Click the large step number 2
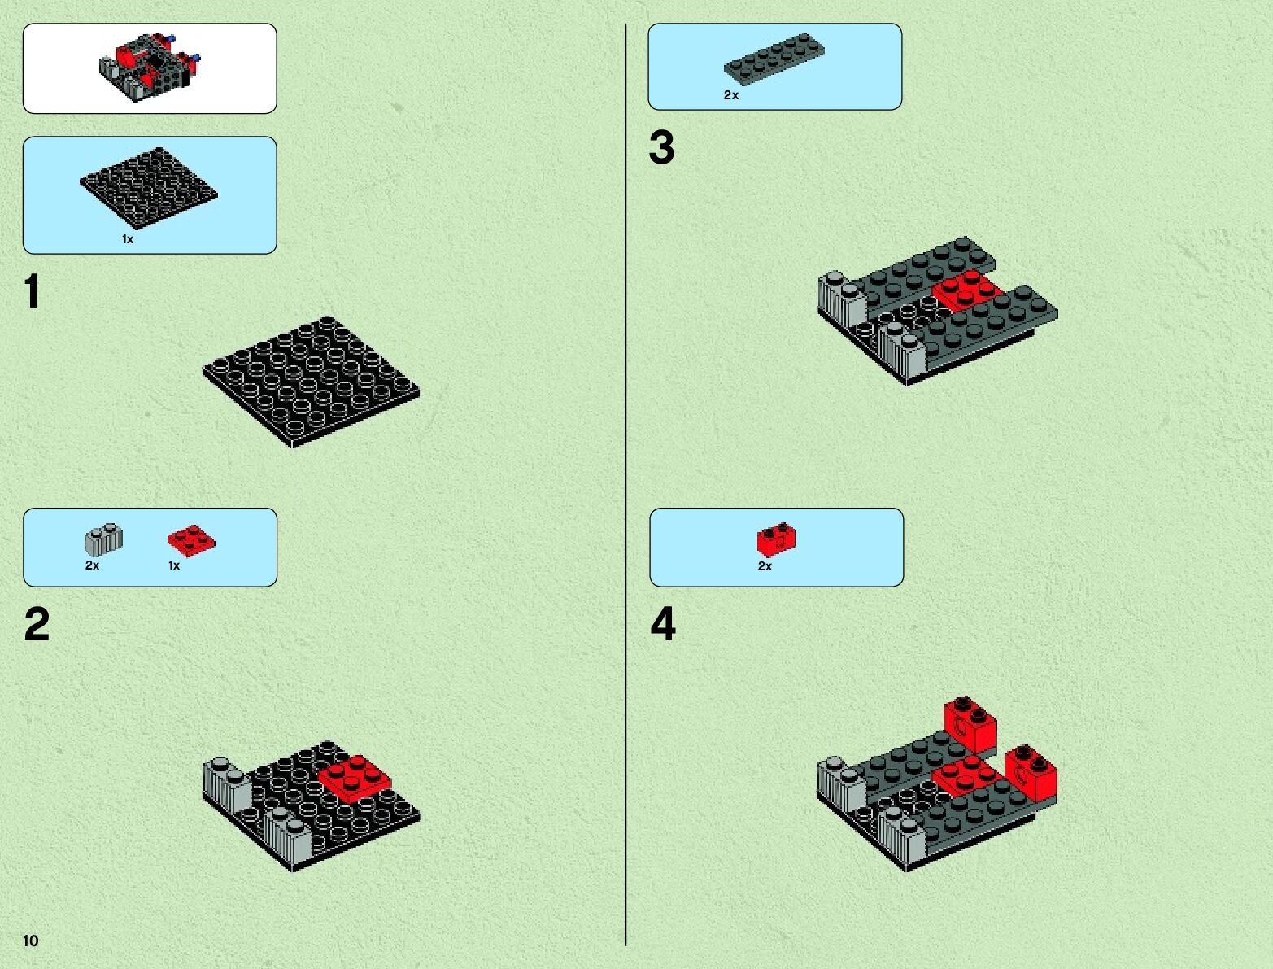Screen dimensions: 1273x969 pos(37,624)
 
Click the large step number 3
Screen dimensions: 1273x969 pos(662,147)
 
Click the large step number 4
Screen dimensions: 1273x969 pos(663,624)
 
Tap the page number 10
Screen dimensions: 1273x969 pos(31,941)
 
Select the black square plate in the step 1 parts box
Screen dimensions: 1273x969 pos(149,187)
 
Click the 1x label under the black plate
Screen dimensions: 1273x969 pos(128,239)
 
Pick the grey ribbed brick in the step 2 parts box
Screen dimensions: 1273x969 pos(104,540)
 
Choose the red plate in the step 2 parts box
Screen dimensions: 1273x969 pos(191,541)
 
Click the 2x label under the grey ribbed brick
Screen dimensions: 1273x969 pos(92,565)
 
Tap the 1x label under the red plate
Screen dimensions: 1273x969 pos(174,565)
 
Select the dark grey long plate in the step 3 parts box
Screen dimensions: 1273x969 pos(774,59)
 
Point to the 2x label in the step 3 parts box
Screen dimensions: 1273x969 pos(731,95)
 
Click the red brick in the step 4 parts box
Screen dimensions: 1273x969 pos(777,539)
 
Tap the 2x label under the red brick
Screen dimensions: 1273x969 pos(765,566)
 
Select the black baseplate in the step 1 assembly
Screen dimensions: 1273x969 pos(312,382)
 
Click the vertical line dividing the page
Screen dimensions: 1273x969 pos(626,485)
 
